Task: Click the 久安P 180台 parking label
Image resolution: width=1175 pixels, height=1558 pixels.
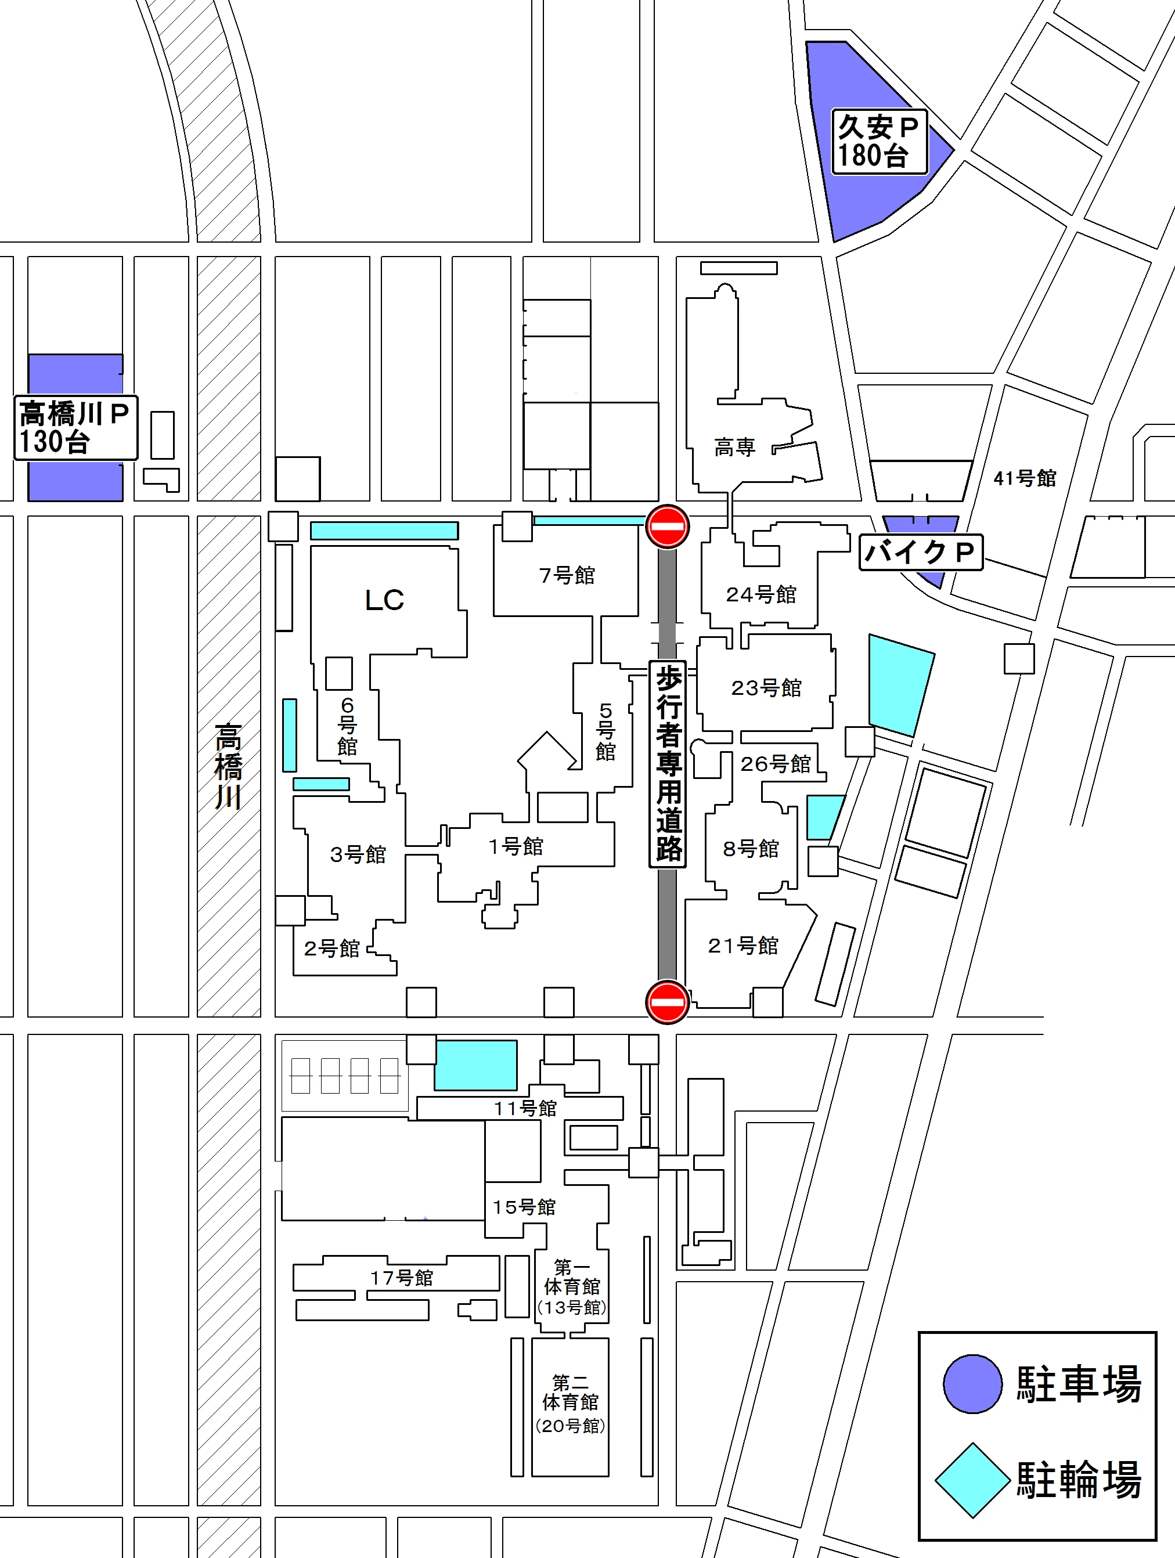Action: tap(879, 142)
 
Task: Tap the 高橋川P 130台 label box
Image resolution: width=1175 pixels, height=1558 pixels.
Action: tap(76, 428)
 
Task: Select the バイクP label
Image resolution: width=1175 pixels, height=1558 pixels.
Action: tap(921, 552)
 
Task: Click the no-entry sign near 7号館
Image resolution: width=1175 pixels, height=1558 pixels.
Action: tap(667, 526)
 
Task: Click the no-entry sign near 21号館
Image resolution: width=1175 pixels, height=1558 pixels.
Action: tap(667, 1001)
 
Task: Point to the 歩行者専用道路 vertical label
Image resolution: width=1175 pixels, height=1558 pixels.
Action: tap(668, 764)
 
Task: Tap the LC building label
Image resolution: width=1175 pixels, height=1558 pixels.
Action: tap(385, 600)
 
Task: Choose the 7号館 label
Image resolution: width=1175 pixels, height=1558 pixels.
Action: tap(567, 575)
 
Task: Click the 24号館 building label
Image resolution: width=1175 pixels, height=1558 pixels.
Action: tap(762, 594)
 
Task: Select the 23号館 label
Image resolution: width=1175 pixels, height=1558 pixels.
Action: tap(766, 687)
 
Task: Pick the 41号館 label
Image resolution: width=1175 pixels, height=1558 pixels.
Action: tap(1025, 478)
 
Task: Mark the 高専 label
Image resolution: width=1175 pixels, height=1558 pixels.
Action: tap(735, 446)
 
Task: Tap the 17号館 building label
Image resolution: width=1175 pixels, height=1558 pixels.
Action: tap(402, 1278)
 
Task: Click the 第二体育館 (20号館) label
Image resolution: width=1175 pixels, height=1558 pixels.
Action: tap(571, 1402)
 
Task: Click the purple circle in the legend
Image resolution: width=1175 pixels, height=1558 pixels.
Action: tap(973, 1384)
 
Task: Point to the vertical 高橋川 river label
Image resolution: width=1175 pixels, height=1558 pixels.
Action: tap(228, 766)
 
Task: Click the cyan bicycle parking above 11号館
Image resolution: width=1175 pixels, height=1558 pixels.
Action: tap(475, 1065)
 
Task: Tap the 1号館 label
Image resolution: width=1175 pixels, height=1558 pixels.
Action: tap(516, 846)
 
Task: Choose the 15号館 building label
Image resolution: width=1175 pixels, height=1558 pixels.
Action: tap(524, 1207)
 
